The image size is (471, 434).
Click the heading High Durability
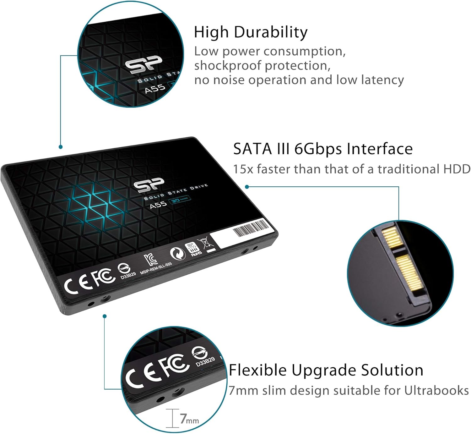point(251,32)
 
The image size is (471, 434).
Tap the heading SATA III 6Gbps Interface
point(322,149)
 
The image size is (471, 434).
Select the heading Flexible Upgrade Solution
point(326,370)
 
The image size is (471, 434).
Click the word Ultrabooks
point(436,391)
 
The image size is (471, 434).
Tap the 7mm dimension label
point(189,419)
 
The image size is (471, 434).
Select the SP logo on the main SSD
point(149,185)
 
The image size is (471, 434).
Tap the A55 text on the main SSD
point(158,205)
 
